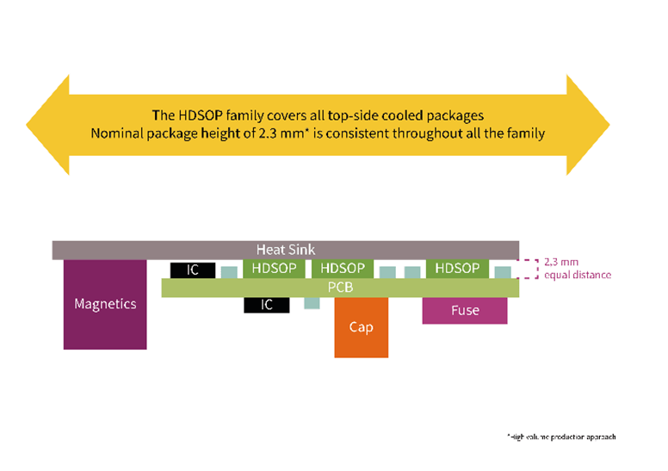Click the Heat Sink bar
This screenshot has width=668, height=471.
click(285, 250)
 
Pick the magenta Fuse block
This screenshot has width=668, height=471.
click(464, 310)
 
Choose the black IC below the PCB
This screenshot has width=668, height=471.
click(266, 304)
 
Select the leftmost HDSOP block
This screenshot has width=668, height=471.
click(274, 269)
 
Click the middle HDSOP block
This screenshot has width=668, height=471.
click(342, 269)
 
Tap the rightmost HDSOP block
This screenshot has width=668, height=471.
click(456, 269)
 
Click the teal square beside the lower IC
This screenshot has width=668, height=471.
click(312, 303)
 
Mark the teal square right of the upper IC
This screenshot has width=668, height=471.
click(228, 272)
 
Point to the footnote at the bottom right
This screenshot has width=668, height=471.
click(560, 437)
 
